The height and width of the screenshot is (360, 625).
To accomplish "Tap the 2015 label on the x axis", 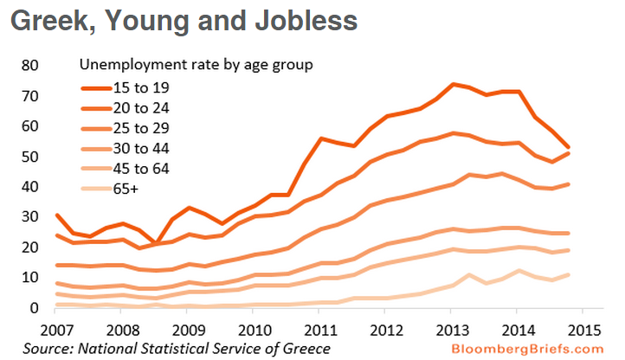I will tap(585, 331).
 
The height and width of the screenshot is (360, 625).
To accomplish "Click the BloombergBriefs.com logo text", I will tap(538, 348).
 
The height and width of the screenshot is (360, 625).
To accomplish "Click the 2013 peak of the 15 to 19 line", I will tap(453, 84).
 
